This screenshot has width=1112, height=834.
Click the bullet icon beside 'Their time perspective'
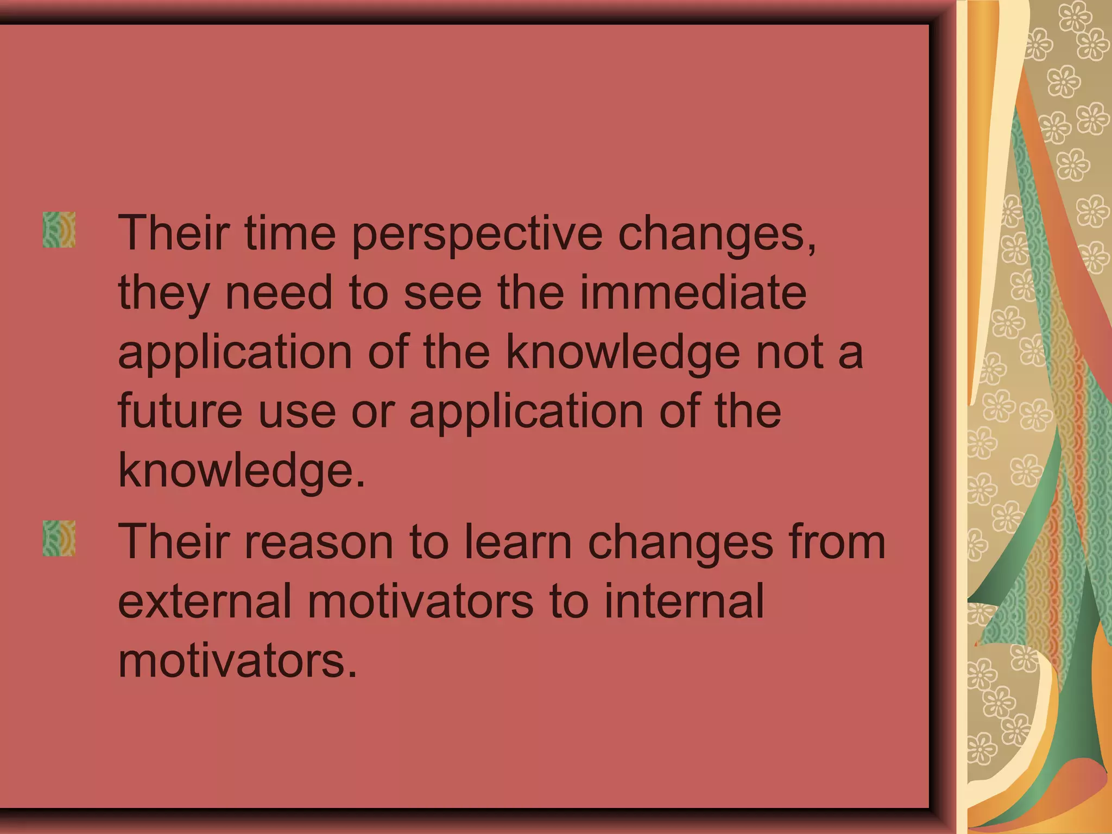click(59, 230)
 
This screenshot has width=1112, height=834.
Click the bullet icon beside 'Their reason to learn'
click(59, 538)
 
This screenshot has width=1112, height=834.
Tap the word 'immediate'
click(693, 293)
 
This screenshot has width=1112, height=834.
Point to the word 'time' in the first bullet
click(290, 233)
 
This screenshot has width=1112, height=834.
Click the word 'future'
click(180, 411)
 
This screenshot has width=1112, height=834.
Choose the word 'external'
click(205, 601)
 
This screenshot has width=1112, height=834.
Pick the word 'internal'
click(684, 601)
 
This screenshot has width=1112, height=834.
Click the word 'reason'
click(319, 542)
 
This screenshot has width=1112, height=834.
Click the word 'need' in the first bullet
click(279, 293)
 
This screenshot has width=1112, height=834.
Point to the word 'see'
click(443, 294)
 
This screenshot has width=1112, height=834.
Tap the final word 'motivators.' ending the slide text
click(237, 661)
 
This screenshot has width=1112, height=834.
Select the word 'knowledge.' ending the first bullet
click(242, 470)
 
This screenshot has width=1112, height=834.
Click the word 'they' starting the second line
click(163, 294)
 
